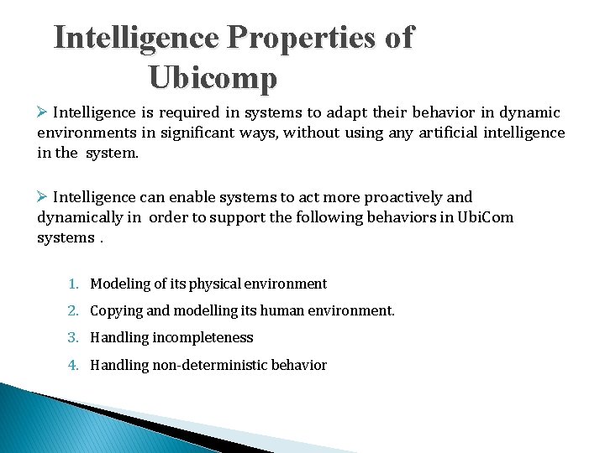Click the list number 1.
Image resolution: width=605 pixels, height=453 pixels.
pos(76,284)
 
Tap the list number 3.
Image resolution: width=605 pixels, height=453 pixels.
pos(76,338)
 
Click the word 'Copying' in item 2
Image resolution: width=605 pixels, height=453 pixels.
pos(116,311)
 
